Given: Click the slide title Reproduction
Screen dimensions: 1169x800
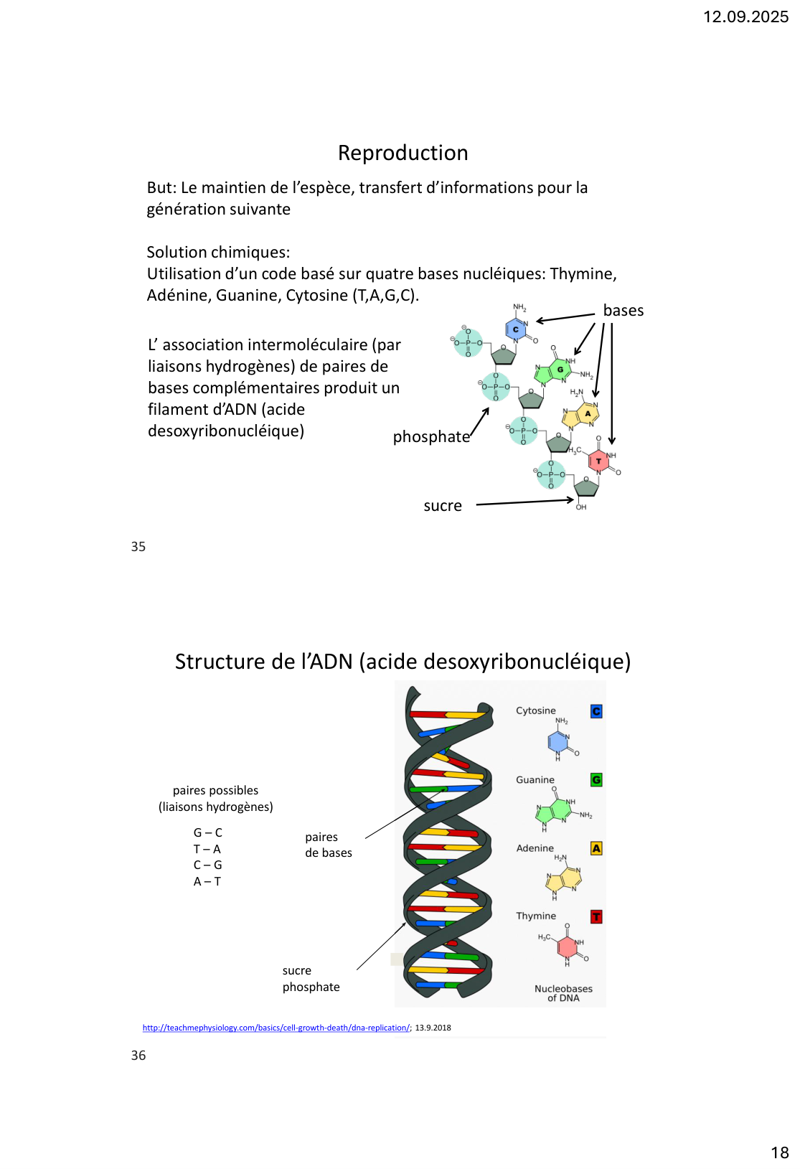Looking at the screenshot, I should pyautogui.click(x=403, y=153).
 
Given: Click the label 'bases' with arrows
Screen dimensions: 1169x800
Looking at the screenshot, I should pyautogui.click(x=623, y=311).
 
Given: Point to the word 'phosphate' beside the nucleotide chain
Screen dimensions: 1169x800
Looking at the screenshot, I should pyautogui.click(x=431, y=437).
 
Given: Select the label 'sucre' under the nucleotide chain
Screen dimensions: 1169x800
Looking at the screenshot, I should pyautogui.click(x=443, y=506).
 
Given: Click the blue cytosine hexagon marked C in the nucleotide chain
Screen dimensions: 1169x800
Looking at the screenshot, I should pyautogui.click(x=516, y=329).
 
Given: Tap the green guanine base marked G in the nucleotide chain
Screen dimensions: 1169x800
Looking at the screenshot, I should pyautogui.click(x=560, y=370).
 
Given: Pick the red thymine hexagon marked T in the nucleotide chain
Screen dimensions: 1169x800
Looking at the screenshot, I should pyautogui.click(x=598, y=461).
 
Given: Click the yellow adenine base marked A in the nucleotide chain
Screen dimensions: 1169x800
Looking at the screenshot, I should pyautogui.click(x=588, y=413).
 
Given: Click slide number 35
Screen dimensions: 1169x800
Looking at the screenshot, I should pyautogui.click(x=138, y=547).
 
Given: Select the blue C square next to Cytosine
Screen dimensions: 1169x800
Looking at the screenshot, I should pyautogui.click(x=596, y=711).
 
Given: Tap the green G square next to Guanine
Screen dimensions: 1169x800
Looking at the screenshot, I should pyautogui.click(x=596, y=780).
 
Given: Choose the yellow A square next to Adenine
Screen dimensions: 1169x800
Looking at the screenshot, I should pyautogui.click(x=596, y=848).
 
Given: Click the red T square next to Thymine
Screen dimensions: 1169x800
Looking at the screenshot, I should pyautogui.click(x=596, y=917).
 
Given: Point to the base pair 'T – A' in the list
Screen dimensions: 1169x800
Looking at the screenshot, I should pyautogui.click(x=207, y=849).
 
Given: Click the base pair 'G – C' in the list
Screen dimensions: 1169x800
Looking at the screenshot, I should pyautogui.click(x=208, y=832).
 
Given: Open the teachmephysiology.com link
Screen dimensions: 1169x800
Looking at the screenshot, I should pyautogui.click(x=276, y=1028).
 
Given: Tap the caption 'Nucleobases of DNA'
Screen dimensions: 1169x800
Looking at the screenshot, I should pyautogui.click(x=563, y=993).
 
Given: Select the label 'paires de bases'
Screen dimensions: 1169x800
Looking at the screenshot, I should pyautogui.click(x=328, y=845).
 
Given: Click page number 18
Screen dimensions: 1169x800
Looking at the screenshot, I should pyautogui.click(x=779, y=1152).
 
